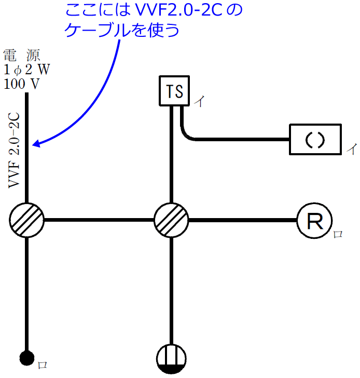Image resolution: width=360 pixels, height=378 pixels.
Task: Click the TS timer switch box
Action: (x=174, y=91)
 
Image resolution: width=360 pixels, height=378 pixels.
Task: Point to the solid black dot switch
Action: (x=26, y=358)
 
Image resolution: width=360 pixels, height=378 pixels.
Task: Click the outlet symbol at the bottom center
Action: (x=172, y=358)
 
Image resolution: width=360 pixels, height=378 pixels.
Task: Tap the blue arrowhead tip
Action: (x=34, y=145)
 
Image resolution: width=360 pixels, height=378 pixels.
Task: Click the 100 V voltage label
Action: (x=21, y=83)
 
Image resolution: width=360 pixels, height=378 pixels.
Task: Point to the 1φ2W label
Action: (x=26, y=69)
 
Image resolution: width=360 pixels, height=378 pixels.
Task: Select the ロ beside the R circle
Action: (x=338, y=235)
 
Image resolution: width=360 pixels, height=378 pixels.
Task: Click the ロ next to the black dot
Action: (x=43, y=365)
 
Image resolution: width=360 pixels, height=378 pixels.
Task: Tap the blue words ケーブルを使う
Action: (x=122, y=30)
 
